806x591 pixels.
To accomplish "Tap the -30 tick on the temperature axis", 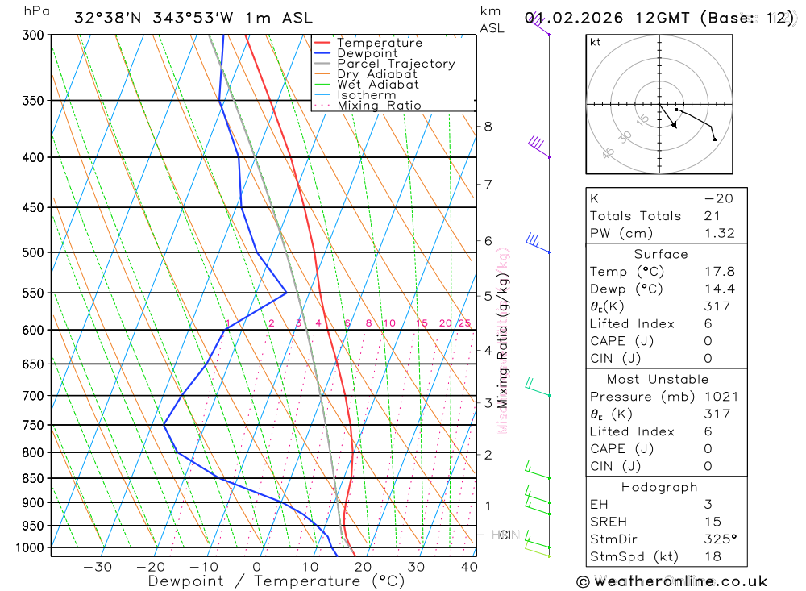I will (x=98, y=567).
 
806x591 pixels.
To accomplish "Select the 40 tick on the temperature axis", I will (x=468, y=567).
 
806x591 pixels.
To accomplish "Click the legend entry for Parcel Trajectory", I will (x=396, y=64).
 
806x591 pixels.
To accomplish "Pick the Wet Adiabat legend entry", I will (x=378, y=85).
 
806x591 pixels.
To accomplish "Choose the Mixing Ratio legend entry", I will (x=379, y=106).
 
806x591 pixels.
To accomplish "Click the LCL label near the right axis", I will (x=503, y=535).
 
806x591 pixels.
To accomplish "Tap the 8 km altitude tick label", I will (x=488, y=126).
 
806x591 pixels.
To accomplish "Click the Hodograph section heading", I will (x=659, y=487).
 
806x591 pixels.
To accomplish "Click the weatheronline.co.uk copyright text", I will (x=671, y=581).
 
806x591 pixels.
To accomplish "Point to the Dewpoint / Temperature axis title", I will (x=276, y=581).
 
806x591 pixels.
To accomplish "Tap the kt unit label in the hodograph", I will (x=596, y=43).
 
